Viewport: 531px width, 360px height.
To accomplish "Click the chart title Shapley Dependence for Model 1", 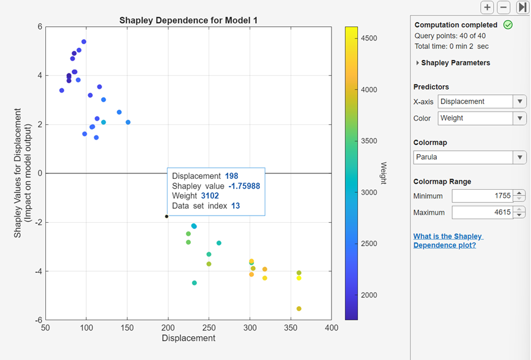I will point(188,20).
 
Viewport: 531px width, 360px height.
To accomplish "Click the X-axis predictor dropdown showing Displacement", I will point(481,102).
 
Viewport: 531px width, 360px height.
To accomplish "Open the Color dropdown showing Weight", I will point(481,118).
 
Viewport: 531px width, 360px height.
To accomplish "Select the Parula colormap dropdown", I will point(469,157).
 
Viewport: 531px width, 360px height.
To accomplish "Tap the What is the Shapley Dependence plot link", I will point(448,241).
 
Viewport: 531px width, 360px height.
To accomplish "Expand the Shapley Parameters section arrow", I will point(418,63).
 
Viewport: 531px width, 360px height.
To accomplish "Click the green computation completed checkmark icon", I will point(507,25).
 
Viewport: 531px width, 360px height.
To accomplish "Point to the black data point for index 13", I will point(166,216).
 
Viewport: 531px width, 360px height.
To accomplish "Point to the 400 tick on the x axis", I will point(331,328).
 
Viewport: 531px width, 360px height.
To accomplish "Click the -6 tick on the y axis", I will point(38,320).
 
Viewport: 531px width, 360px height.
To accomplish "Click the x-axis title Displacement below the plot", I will point(188,338).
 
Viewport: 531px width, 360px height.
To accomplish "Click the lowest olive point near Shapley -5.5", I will point(299,309).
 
